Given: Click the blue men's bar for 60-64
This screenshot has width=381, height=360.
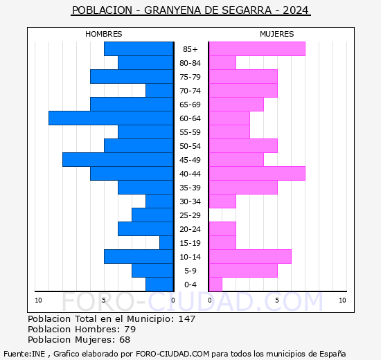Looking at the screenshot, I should click(111, 118).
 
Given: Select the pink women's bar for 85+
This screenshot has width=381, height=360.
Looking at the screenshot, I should click(256, 49).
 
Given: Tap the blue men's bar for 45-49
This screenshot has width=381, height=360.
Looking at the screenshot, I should click(118, 160).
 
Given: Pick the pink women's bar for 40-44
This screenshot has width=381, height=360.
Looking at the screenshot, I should click(256, 174).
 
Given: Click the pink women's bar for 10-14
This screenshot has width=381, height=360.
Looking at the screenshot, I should click(249, 257).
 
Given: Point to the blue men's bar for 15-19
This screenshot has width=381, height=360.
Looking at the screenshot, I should click(166, 243).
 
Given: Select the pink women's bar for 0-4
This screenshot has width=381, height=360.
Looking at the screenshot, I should click(215, 285).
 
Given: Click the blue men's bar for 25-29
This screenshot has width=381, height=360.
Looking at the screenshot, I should click(152, 215).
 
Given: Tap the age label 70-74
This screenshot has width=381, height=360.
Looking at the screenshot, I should click(190, 91).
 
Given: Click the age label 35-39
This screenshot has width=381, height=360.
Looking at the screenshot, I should click(190, 188).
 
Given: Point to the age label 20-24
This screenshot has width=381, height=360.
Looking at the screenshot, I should click(190, 229).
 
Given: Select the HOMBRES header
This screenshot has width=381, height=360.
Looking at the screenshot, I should click(104, 34).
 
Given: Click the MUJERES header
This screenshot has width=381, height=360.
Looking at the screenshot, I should click(277, 34).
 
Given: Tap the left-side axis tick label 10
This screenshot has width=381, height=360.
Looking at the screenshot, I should click(39, 300).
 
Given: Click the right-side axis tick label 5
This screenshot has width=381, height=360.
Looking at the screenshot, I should click(277, 300).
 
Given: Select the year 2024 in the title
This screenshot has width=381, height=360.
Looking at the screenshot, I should click(296, 10).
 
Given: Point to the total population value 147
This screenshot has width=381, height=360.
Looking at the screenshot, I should click(186, 318).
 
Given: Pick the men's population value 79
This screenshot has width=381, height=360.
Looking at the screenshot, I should click(130, 329).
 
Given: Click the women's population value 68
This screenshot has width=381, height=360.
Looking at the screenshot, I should click(124, 339).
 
